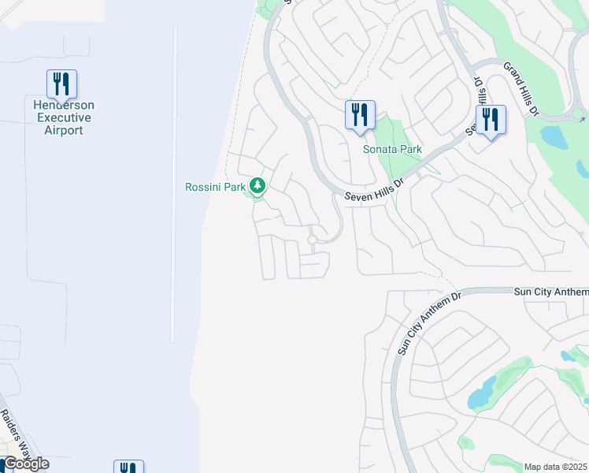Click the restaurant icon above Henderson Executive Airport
tap(61, 84)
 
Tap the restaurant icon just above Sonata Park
tap(360, 115)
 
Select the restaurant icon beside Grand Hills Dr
tap(491, 120)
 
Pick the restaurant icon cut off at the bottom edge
tap(128, 467)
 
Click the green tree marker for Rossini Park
tap(257, 186)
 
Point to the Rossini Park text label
tap(215, 187)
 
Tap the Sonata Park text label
tap(391, 149)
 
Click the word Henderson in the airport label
tap(64, 105)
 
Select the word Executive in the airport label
tap(63, 117)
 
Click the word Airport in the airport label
tap(63, 130)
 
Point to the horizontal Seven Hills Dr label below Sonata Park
tap(374, 192)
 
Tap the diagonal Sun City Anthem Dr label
tap(428, 323)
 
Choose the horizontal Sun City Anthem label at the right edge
tap(550, 291)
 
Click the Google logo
tap(25, 464)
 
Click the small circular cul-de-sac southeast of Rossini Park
tap(313, 239)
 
